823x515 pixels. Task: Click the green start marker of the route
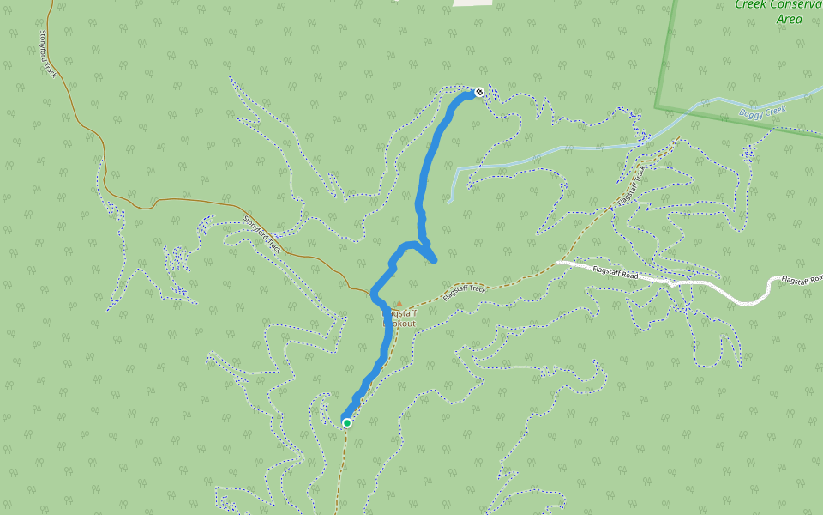point(347,422)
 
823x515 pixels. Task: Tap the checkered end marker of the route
point(479,93)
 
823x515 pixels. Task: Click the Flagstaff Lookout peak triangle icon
point(399,303)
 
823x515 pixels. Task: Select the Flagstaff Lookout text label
point(399,318)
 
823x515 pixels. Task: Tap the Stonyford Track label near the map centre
point(262,235)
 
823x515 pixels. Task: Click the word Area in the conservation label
point(789,19)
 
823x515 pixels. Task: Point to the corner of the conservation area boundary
point(657,108)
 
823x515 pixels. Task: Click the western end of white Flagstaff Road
point(558,263)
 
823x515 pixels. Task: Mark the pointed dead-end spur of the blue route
point(436,259)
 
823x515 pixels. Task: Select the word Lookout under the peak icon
point(399,324)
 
